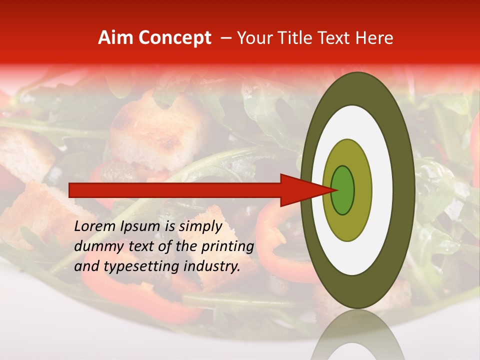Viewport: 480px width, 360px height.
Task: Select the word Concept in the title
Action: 174,38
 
